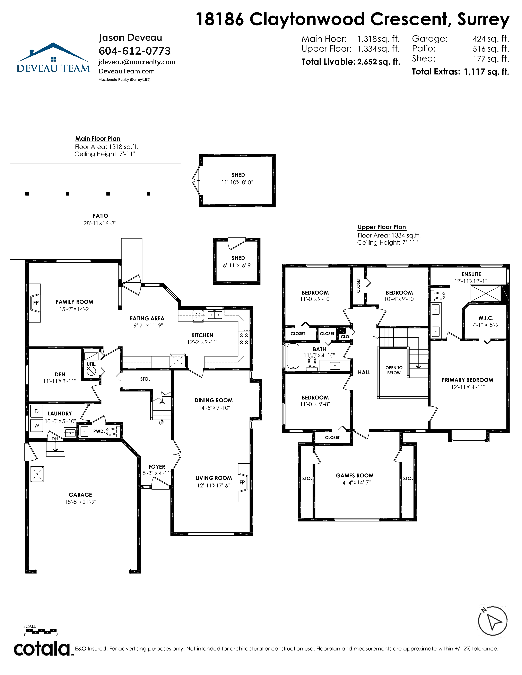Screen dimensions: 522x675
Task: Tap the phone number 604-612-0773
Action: (x=134, y=51)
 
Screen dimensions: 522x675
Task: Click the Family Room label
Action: (x=75, y=302)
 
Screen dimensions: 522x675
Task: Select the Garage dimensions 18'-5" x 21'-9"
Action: (x=80, y=502)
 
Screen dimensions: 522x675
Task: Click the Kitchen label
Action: (x=202, y=335)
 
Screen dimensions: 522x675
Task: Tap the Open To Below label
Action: (x=394, y=370)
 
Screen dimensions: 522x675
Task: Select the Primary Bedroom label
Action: (x=467, y=380)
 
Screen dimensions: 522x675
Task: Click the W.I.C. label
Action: (x=486, y=318)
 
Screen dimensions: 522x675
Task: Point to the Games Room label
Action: (x=355, y=476)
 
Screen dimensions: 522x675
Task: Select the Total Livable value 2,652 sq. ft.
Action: (x=379, y=62)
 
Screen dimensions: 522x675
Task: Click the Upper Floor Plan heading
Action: (x=382, y=227)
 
